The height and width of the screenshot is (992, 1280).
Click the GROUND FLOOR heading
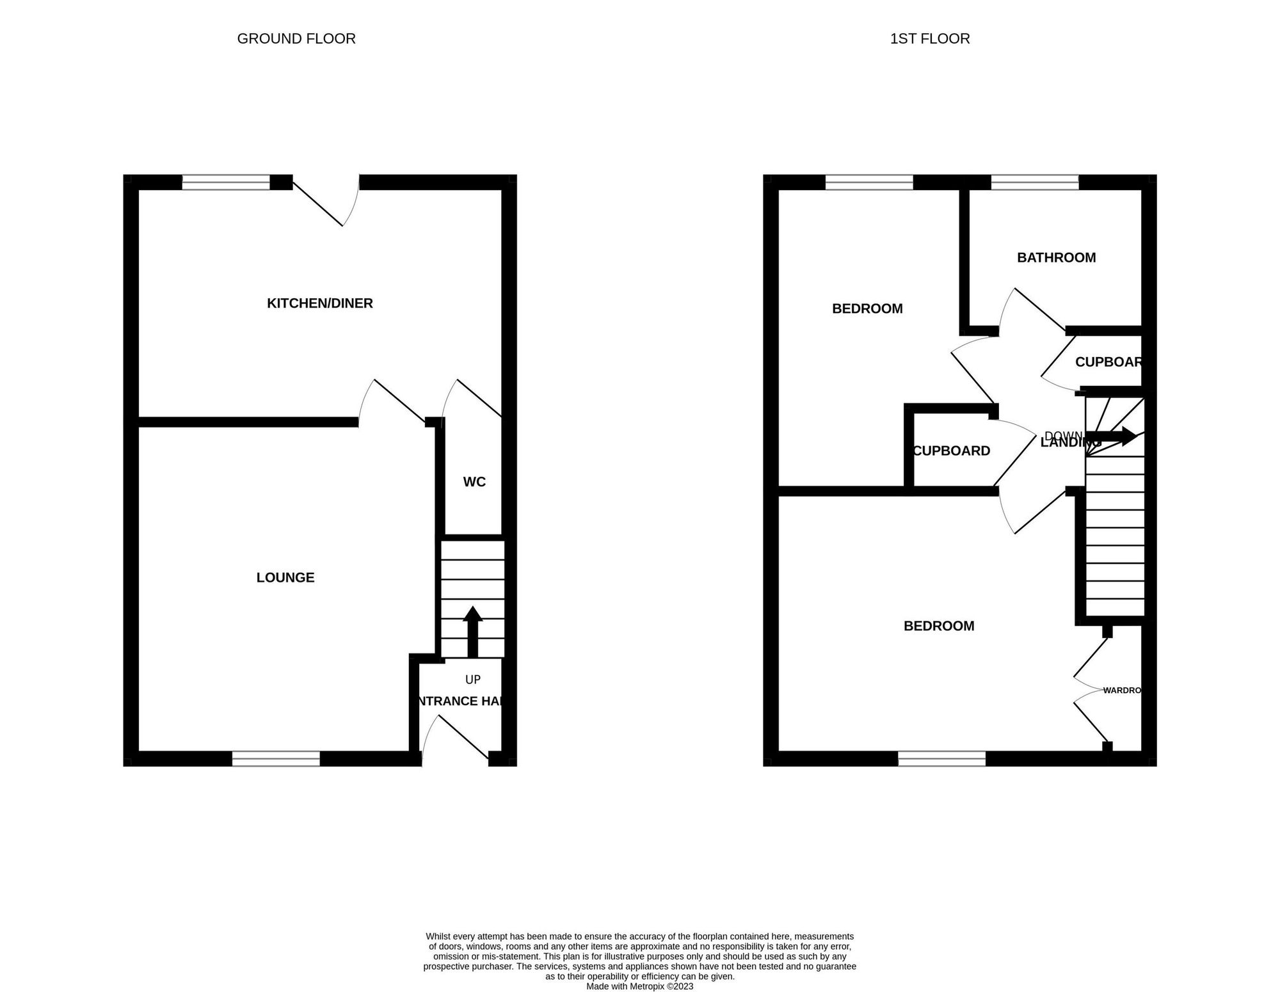(x=296, y=39)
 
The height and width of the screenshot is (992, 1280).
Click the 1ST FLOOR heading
(x=929, y=39)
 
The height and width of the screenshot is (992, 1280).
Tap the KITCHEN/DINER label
(x=319, y=303)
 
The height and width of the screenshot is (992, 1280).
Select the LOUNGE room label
(x=285, y=578)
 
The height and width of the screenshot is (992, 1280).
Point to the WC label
(x=474, y=482)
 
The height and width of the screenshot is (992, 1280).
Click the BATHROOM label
(x=1056, y=258)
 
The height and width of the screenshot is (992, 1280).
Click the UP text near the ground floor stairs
(x=473, y=680)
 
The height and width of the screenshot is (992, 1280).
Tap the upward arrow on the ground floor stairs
(x=472, y=630)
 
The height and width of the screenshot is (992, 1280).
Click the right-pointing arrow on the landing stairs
(x=1118, y=437)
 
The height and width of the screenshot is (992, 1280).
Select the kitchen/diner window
(x=226, y=182)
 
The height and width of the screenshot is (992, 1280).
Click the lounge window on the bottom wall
(x=276, y=759)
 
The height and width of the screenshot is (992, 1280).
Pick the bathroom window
(x=1035, y=182)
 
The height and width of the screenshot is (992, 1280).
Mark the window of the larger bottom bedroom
(x=941, y=759)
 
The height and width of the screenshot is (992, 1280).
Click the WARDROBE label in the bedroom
(x=1123, y=691)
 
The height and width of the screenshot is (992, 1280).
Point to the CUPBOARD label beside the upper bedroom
(x=951, y=451)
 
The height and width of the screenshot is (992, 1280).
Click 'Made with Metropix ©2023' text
(x=639, y=986)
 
